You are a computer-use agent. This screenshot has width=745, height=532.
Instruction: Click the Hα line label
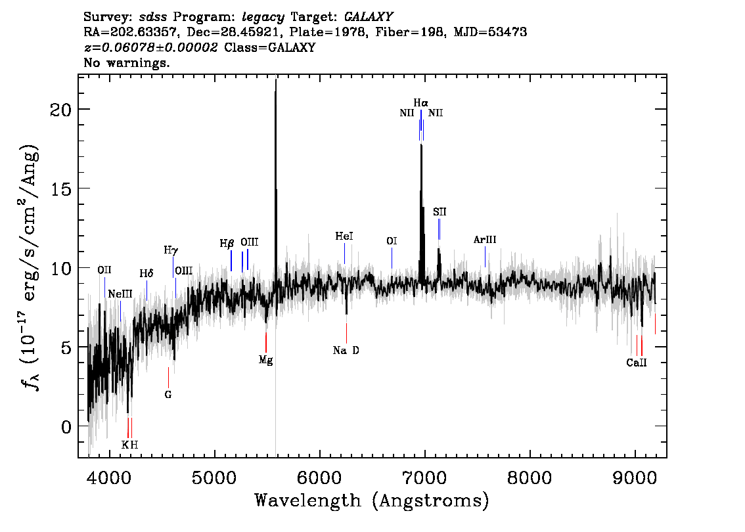click(420, 102)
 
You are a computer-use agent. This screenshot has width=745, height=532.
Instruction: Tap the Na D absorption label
click(346, 351)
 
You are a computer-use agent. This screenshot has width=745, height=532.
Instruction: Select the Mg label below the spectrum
click(265, 360)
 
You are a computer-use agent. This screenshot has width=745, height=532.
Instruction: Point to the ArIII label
click(485, 240)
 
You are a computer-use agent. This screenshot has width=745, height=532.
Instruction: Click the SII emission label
click(440, 212)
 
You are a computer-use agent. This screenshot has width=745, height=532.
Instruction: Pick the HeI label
click(344, 236)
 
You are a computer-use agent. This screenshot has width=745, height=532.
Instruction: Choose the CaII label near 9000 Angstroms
click(636, 363)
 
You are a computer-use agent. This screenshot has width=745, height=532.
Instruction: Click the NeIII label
click(120, 294)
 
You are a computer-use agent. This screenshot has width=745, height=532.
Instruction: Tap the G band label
click(168, 395)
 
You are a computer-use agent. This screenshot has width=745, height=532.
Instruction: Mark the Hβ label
click(227, 244)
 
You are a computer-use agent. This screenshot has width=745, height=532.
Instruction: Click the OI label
click(392, 241)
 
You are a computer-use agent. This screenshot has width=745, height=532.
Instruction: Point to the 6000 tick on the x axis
click(320, 477)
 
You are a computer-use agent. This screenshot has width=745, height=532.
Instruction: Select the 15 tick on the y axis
click(61, 189)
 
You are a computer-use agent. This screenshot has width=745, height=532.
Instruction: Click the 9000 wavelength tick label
click(635, 477)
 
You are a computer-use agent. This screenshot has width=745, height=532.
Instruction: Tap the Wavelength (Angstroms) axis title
click(372, 500)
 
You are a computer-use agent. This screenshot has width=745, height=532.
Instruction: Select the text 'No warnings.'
click(126, 62)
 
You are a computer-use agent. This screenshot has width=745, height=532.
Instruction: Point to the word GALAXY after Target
click(368, 17)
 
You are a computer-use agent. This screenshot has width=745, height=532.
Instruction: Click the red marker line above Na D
click(346, 333)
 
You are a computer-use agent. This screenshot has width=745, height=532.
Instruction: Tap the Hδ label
click(147, 274)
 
